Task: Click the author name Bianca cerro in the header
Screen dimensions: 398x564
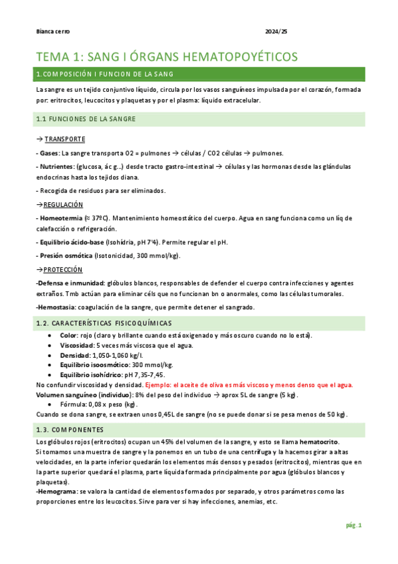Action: tap(52, 31)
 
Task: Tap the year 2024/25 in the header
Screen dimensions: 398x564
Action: tap(276, 31)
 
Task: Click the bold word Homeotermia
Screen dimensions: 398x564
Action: tap(62, 218)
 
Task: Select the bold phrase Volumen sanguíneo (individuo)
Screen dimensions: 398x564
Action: tap(79, 394)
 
